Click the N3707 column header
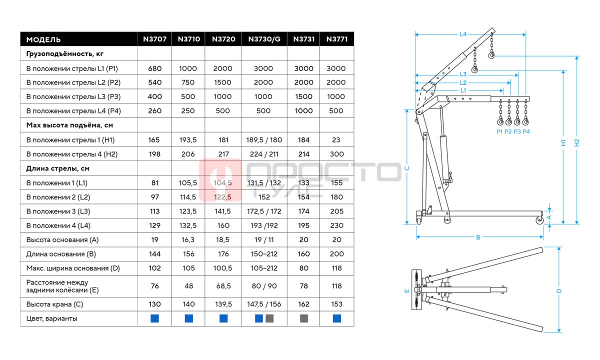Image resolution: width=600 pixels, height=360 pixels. [154, 39]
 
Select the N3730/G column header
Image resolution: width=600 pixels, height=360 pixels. [264, 39]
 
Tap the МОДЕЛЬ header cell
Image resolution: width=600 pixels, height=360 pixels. [43, 39]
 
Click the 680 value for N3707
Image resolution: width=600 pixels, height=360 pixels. [154, 68]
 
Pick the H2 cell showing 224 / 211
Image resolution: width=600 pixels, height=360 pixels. [264, 154]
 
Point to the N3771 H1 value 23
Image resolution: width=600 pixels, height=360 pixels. [336, 140]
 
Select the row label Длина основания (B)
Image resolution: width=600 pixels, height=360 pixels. [61, 254]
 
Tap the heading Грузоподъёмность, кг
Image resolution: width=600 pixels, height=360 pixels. [65, 54]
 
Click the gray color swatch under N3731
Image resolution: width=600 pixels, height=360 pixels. [304, 318]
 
